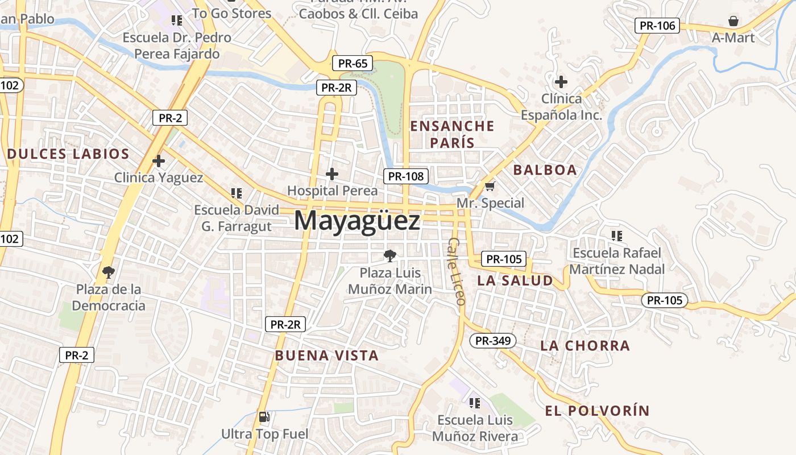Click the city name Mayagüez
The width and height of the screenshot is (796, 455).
(357, 221)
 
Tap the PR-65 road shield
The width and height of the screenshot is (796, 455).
(353, 63)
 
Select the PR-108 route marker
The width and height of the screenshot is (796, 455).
(405, 176)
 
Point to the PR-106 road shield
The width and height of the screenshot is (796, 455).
(657, 26)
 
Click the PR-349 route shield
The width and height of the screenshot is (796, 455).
(493, 341)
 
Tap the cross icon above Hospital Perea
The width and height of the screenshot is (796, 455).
(332, 173)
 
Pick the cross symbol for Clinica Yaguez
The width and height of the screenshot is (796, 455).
(159, 161)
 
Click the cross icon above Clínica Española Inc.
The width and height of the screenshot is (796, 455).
(561, 82)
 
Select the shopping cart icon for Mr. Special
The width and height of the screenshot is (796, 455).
(490, 186)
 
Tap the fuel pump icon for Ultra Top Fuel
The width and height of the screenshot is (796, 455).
(264, 417)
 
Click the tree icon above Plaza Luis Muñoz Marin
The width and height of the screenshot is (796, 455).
(389, 256)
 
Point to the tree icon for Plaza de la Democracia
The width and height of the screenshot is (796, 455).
(108, 272)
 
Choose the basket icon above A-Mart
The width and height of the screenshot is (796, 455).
(733, 22)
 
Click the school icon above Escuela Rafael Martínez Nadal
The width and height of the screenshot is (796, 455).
(616, 235)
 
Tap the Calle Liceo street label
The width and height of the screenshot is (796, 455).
(457, 271)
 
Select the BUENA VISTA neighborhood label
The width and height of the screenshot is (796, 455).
(326, 356)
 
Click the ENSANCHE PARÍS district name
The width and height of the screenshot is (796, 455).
(453, 134)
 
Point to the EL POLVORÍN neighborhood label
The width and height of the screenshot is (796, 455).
(596, 411)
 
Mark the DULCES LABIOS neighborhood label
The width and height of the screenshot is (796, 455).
(68, 154)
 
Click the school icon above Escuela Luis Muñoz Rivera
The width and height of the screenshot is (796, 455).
(474, 403)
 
